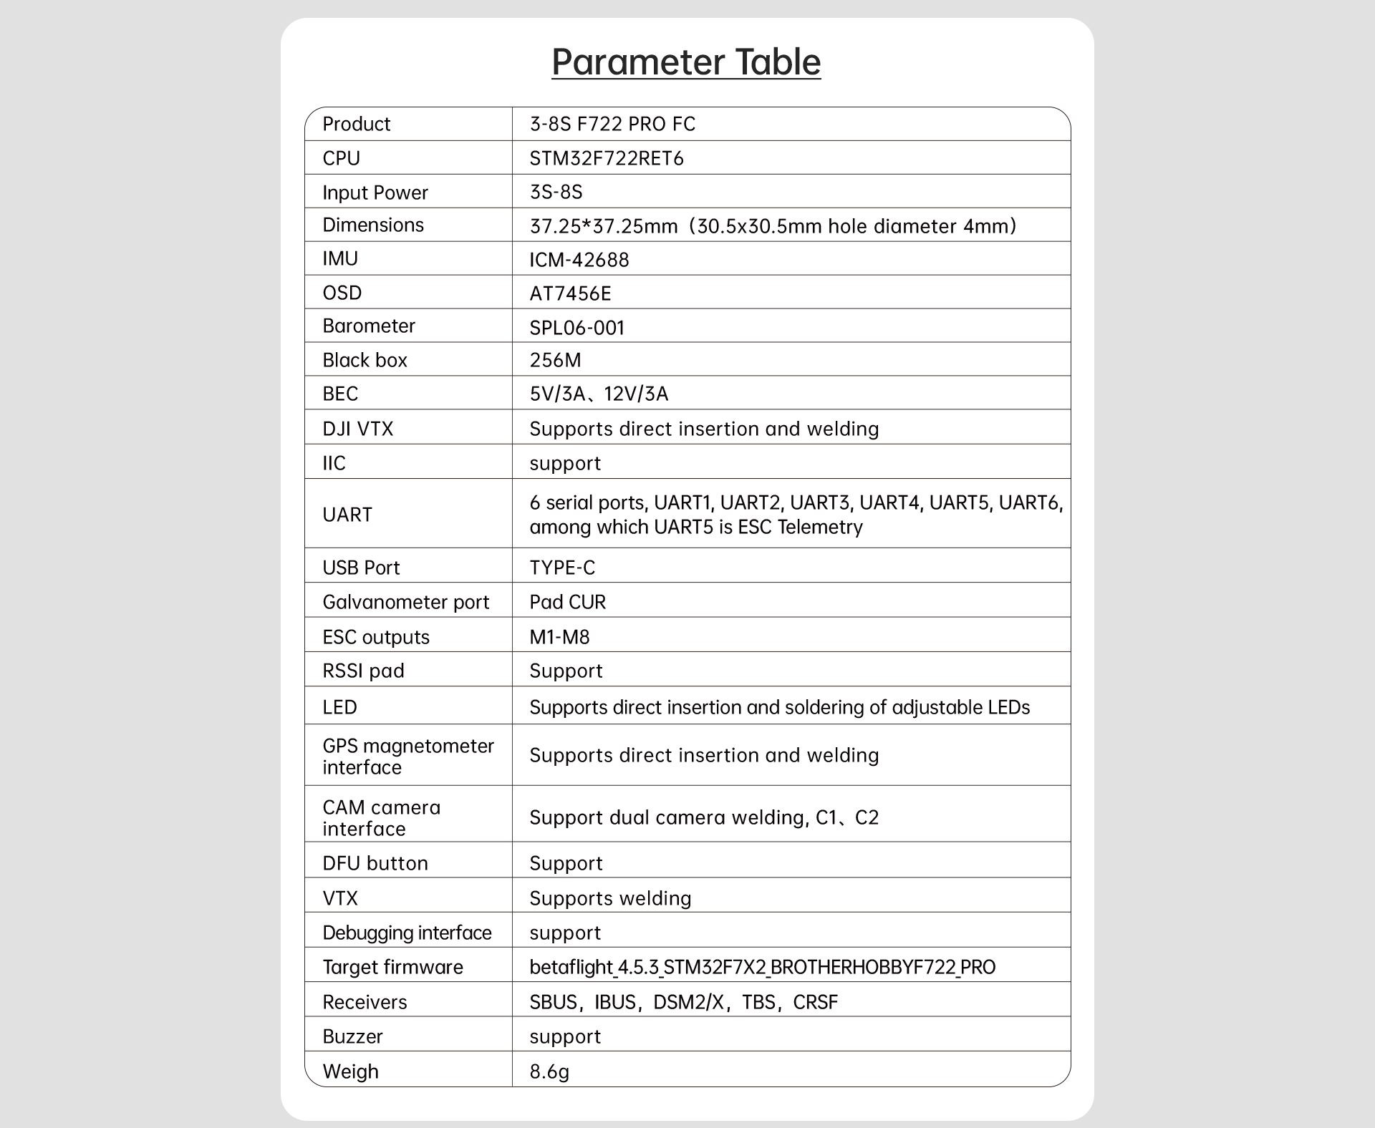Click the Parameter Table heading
(x=686, y=62)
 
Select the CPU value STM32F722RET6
(x=607, y=158)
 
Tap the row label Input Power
(x=375, y=193)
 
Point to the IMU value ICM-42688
(x=579, y=260)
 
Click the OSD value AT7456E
(x=570, y=293)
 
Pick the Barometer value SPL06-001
(x=577, y=328)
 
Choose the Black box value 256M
(x=555, y=360)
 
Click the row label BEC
(x=340, y=394)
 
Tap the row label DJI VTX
(x=358, y=429)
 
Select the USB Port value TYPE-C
(x=562, y=568)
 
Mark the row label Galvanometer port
(x=406, y=602)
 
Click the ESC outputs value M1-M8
(x=559, y=637)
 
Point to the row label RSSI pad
(x=363, y=671)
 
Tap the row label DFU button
(x=375, y=863)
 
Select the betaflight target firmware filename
(x=762, y=967)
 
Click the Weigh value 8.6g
(x=549, y=1071)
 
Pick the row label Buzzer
(x=352, y=1036)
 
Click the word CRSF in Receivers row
(x=815, y=1002)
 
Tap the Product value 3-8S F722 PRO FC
(x=612, y=124)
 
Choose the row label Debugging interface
(x=407, y=933)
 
